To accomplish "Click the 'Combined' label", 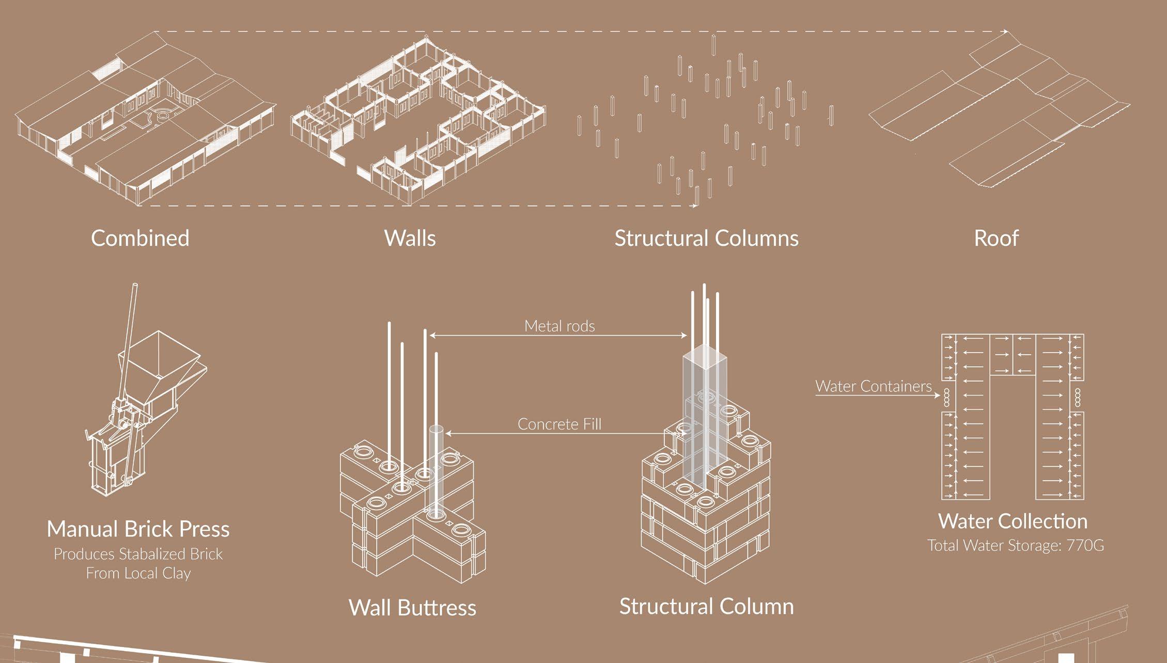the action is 140,239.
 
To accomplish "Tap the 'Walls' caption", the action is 410,239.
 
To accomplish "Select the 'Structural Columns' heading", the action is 706,239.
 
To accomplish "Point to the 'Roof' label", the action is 996,239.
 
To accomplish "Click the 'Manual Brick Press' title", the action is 138,529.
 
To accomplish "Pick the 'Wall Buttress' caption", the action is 412,607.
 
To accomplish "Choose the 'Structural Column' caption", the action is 706,606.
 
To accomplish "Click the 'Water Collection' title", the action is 1013,521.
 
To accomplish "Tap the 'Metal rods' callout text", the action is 559,326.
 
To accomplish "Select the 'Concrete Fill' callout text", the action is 559,424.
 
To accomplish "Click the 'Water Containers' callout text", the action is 873,386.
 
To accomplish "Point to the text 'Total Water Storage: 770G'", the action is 1015,545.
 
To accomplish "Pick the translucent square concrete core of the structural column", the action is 705,413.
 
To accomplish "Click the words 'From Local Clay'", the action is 138,573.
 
